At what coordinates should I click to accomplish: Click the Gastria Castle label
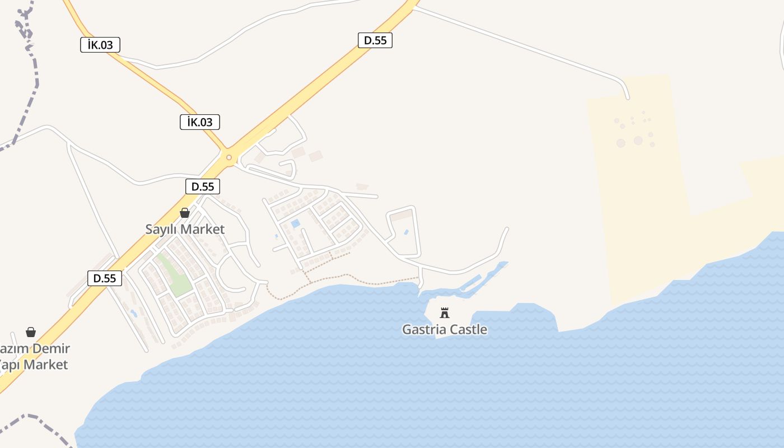tap(444, 329)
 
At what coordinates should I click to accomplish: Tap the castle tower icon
tap(445, 312)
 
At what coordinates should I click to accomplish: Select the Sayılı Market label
tap(185, 229)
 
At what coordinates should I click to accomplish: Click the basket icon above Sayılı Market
tap(185, 213)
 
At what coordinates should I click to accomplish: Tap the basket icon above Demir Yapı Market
tap(31, 332)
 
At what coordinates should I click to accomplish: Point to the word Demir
tap(51, 349)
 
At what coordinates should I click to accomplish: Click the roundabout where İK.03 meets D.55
tap(229, 157)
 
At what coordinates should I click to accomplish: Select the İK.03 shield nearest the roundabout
tap(199, 122)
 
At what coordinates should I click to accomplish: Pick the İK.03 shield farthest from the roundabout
tap(100, 45)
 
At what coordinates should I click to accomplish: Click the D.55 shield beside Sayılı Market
tap(202, 186)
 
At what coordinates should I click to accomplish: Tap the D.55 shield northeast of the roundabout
tap(375, 40)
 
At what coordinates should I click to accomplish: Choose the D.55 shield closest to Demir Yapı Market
tap(105, 278)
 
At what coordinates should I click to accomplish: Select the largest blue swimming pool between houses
tap(295, 224)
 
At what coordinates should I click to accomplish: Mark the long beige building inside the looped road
tap(400, 215)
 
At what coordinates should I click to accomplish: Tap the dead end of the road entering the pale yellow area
tap(627, 97)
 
